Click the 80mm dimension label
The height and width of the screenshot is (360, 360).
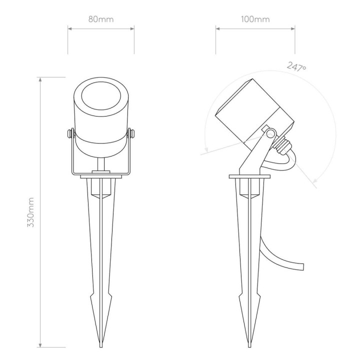click(101, 19)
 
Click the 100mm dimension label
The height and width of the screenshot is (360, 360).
click(255, 19)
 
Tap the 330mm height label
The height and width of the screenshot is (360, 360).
click(31, 212)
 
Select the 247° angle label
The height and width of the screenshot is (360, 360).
click(296, 67)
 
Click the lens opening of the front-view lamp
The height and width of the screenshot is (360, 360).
click(101, 95)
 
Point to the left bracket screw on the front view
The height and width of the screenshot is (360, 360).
click(70, 133)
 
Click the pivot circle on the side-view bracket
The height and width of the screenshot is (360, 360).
click(270, 133)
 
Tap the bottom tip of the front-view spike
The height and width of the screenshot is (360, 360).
click(101, 346)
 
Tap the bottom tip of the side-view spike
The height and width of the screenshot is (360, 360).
click(249, 346)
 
